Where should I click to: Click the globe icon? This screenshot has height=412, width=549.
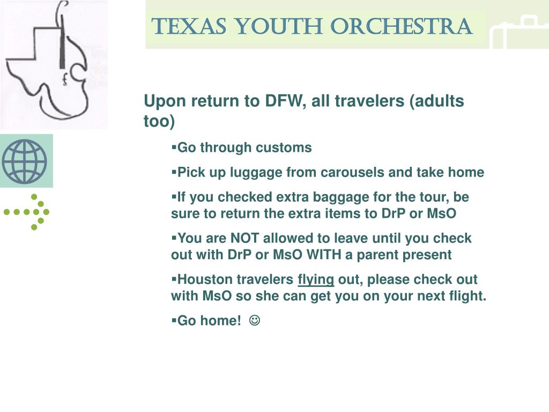tap(25, 161)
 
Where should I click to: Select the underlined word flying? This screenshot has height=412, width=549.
tap(316, 279)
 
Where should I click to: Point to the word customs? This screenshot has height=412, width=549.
tap(288, 148)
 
